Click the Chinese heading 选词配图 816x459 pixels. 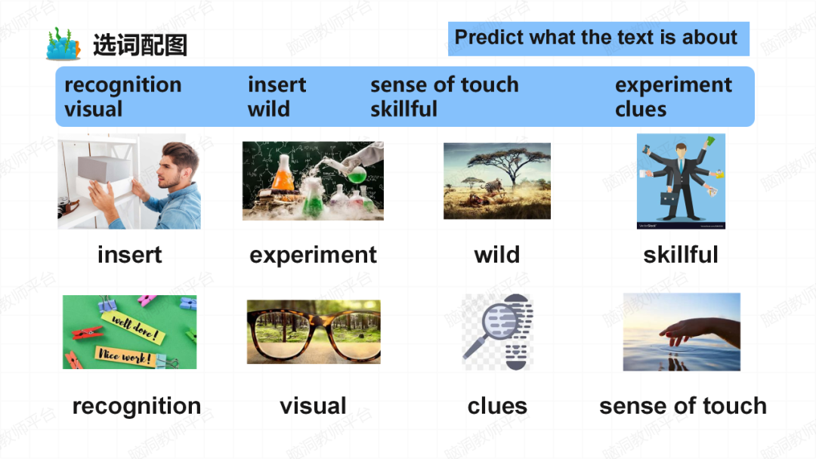tap(140, 45)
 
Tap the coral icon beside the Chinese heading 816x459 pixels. tap(63, 44)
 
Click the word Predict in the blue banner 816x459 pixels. tap(489, 38)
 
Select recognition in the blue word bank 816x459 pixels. tap(123, 85)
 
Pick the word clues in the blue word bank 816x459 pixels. tap(641, 109)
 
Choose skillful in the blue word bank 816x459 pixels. tap(403, 109)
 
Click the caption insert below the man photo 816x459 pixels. tap(130, 254)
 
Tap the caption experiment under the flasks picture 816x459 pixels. tap(313, 255)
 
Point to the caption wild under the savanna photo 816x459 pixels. tap(497, 254)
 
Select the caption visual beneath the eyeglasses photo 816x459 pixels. tap(313, 406)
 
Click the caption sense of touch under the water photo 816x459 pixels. tap(683, 406)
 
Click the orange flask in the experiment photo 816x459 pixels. tap(283, 177)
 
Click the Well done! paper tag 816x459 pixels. tap(133, 326)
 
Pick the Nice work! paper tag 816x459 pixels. tap(125, 356)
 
